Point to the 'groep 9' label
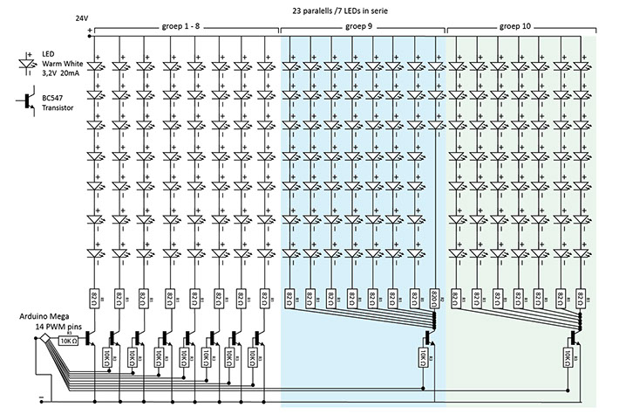point(363,27)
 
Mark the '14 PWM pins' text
point(38,325)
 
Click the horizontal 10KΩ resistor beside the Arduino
point(69,341)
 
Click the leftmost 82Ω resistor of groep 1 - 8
point(95,298)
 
